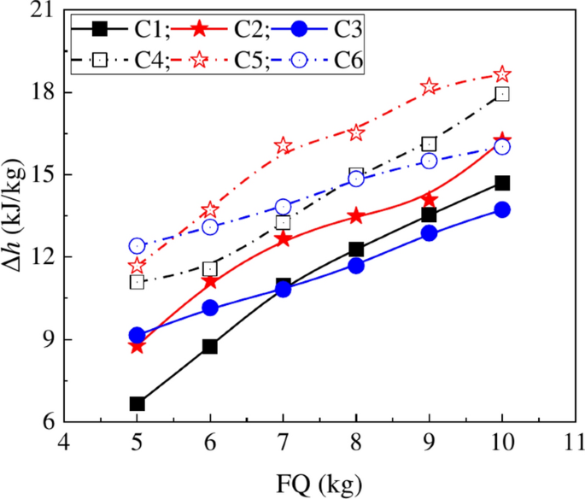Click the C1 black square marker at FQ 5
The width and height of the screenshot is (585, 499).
(x=137, y=403)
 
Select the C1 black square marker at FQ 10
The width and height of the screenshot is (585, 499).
(x=502, y=183)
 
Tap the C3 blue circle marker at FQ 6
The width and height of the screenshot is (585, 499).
(x=210, y=308)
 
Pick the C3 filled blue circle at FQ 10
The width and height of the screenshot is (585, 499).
(x=502, y=209)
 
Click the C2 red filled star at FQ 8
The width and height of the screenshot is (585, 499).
(x=356, y=216)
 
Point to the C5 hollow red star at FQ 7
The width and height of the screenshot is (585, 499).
(x=284, y=145)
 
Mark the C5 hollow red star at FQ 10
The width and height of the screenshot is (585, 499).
(x=502, y=74)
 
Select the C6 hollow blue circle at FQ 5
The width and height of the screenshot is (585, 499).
(x=137, y=246)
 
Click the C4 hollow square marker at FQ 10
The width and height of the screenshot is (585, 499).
(x=502, y=94)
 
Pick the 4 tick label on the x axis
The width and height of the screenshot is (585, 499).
(x=63, y=445)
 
